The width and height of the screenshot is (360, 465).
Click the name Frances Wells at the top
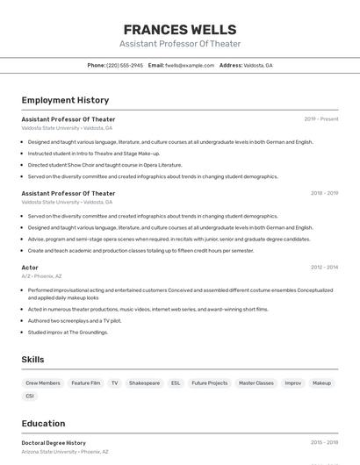(x=180, y=29)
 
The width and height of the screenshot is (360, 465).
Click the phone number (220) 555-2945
(x=125, y=65)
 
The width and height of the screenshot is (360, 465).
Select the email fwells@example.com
(x=190, y=65)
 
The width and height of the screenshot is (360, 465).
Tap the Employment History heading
(x=65, y=100)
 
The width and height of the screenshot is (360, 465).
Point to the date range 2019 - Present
(x=321, y=118)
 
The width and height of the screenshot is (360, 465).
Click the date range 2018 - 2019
(x=324, y=193)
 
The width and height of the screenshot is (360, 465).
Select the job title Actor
(x=30, y=267)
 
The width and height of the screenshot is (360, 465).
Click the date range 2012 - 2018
(x=324, y=267)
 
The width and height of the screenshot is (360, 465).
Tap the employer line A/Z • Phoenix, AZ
(x=41, y=276)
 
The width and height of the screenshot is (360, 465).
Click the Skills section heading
(x=32, y=360)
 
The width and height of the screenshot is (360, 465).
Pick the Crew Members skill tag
(x=43, y=383)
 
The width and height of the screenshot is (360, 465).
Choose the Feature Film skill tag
(x=86, y=383)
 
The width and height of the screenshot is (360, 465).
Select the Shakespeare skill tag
(x=144, y=383)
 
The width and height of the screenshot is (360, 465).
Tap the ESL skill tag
(x=176, y=383)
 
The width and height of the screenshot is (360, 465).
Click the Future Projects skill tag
(x=209, y=383)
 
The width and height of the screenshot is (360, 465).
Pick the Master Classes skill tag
(x=256, y=383)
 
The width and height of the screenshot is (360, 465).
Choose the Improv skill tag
(x=293, y=383)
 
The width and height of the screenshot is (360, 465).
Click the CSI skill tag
(x=30, y=396)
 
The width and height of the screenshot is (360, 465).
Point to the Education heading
(x=43, y=423)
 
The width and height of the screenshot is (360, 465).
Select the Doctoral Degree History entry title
(x=54, y=443)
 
